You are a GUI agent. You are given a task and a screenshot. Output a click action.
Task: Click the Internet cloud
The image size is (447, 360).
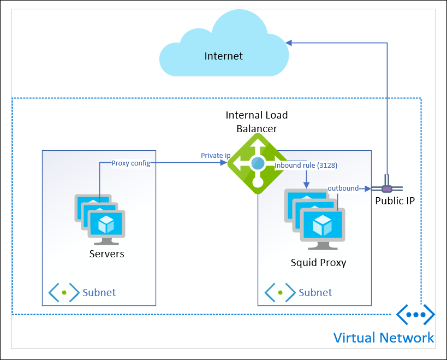pos(224,46)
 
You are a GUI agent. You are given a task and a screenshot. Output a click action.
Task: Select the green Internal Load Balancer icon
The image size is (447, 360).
pos(258,163)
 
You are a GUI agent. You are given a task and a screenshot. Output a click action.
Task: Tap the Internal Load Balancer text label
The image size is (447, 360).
pos(257,122)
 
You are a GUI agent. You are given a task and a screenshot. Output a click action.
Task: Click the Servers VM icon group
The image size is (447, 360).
pos(100,220)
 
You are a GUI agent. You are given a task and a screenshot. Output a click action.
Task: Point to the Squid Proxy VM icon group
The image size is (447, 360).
pos(314,219)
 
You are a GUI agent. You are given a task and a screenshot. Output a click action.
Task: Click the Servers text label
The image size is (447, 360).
pos(106,254)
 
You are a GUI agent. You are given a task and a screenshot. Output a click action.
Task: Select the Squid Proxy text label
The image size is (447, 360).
pos(318,263)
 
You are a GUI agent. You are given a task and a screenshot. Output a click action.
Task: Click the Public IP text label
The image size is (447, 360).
pos(395,201)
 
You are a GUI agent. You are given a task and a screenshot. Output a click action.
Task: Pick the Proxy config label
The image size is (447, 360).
pos(131,163)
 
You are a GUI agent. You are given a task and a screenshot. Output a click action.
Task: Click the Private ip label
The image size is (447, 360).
pos(216,156)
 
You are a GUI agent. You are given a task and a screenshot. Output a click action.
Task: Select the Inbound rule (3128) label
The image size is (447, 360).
pos(306,166)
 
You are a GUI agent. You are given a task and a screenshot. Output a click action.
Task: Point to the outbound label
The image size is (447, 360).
pos(343,188)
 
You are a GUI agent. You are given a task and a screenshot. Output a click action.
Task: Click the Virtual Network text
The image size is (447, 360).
pos(384,338)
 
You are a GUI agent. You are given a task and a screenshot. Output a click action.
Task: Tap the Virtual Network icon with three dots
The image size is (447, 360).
pos(416,314)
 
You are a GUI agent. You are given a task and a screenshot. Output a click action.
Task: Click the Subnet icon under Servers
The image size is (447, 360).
pos(64,292)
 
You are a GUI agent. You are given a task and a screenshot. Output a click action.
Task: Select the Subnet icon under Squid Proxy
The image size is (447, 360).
pos(280,292)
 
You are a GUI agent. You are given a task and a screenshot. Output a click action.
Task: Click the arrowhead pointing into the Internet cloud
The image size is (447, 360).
pos(289,43)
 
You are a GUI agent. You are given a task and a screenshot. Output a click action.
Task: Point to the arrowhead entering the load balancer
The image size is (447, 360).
pos(224,163)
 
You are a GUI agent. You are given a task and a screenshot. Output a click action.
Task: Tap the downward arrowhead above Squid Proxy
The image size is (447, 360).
pos(306,185)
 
